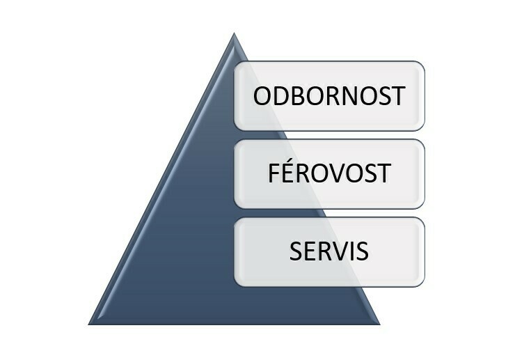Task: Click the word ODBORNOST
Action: point(329,95)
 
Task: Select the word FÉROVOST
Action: point(329,171)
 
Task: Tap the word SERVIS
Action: point(328,251)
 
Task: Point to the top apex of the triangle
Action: point(234,33)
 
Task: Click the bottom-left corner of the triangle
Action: point(88,324)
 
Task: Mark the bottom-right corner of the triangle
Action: point(380,324)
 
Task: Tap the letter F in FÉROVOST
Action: point(274,173)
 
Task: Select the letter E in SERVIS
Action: point(310,251)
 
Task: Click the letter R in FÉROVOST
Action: point(304,173)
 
